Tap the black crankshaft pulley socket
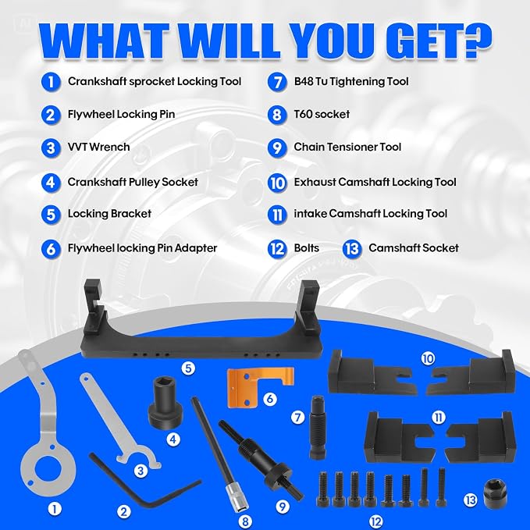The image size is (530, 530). [165, 404]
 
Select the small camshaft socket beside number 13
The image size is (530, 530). [496, 497]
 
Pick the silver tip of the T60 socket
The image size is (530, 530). [237, 496]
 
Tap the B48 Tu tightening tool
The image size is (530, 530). [318, 427]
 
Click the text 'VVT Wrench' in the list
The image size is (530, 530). [98, 147]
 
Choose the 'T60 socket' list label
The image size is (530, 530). [322, 114]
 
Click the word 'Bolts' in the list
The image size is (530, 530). [306, 248]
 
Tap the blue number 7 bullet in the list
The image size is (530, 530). [277, 82]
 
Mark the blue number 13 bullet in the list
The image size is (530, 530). [352, 249]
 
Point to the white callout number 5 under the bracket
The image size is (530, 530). [188, 368]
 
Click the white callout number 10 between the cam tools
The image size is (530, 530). [428, 358]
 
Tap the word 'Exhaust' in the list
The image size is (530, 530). [315, 182]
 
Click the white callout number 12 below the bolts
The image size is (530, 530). [376, 521]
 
